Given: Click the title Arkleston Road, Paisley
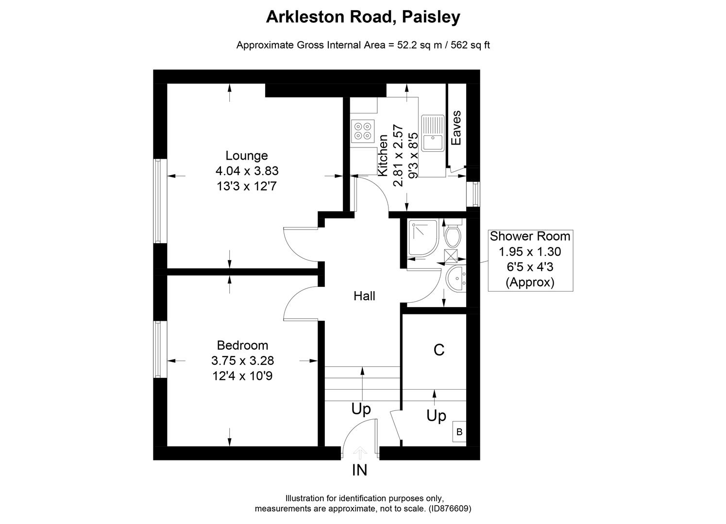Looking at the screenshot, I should click(x=363, y=17).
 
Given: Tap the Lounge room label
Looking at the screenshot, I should click(x=247, y=156).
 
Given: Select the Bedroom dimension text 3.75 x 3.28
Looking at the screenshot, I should click(x=242, y=360).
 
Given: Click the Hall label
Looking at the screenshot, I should click(x=364, y=296).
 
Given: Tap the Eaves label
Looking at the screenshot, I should click(x=456, y=128).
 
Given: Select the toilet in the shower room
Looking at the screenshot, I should click(x=453, y=235).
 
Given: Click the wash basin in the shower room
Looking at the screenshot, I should click(x=456, y=279).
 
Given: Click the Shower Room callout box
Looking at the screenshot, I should click(x=530, y=260).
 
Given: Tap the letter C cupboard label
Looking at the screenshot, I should click(x=439, y=350).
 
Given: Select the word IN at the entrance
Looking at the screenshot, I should click(x=359, y=470).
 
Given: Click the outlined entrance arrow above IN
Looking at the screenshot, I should click(x=359, y=453).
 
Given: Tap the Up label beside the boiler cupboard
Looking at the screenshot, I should click(x=436, y=416).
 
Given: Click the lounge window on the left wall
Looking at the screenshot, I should click(x=157, y=201).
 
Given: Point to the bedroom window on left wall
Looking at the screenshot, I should click(x=157, y=349).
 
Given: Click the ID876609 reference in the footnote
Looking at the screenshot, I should click(x=449, y=509).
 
